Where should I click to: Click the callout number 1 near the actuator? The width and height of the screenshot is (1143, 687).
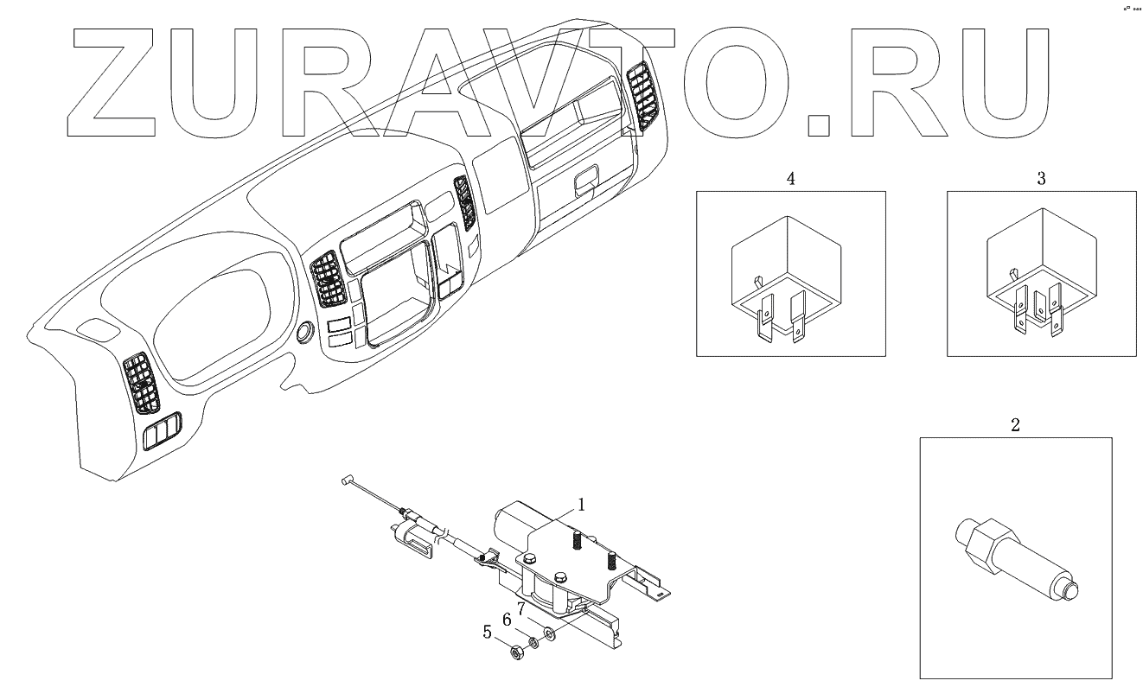pyautogui.click(x=582, y=504)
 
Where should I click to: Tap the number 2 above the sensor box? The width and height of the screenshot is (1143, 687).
pyautogui.click(x=1015, y=424)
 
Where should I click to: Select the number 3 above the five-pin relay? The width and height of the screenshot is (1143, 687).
pyautogui.click(x=1041, y=179)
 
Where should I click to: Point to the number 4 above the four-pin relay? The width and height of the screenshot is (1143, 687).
pyautogui.click(x=790, y=179)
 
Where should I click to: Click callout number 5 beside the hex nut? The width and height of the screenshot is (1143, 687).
pyautogui.click(x=488, y=633)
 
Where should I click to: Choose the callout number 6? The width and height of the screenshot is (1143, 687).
pyautogui.click(x=508, y=621)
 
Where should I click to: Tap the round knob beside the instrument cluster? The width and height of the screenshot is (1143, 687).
pyautogui.click(x=305, y=333)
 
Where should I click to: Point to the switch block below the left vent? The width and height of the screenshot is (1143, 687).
pyautogui.click(x=161, y=430)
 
